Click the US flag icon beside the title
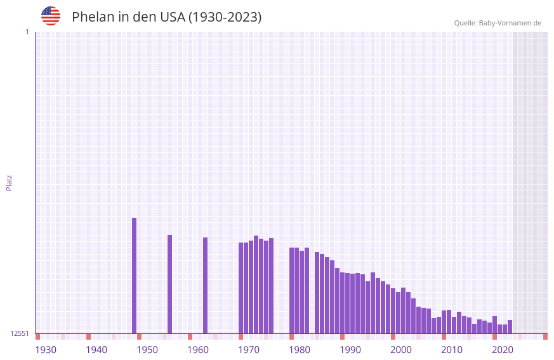pyautogui.click(x=51, y=16)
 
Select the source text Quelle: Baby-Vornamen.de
pyautogui.click(x=497, y=23)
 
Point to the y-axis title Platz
pyautogui.click(x=9, y=182)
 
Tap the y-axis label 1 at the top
pyautogui.click(x=27, y=32)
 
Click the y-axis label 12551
pyautogui.click(x=20, y=333)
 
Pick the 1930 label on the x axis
pyautogui.click(x=46, y=350)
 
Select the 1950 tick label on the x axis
pyautogui.click(x=147, y=350)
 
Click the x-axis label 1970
pyautogui.click(x=249, y=350)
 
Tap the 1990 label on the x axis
pyautogui.click(x=350, y=350)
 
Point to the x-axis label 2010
pyautogui.click(x=452, y=350)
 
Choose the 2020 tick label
pyautogui.click(x=503, y=350)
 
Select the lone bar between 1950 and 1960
pyautogui.click(x=170, y=284)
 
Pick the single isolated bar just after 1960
pyautogui.click(x=206, y=285)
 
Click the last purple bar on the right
pyautogui.click(x=510, y=326)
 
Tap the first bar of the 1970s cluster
pyautogui.click(x=241, y=288)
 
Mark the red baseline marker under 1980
pyautogui.click(x=291, y=337)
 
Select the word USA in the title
pyautogui.click(x=173, y=17)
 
